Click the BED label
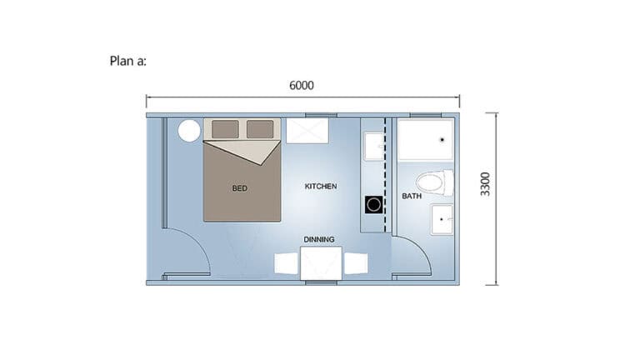click(240, 188)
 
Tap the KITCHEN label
click(321, 186)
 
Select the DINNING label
click(319, 239)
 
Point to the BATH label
click(412, 196)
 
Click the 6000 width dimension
click(302, 85)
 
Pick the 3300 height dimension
click(485, 184)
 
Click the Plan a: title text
click(127, 61)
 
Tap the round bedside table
click(189, 131)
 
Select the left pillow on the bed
click(225, 129)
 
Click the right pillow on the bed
click(260, 129)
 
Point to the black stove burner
click(374, 204)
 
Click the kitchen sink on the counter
click(374, 146)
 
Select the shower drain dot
click(442, 140)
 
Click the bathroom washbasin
click(442, 220)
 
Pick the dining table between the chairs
click(321, 263)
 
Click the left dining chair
click(286, 263)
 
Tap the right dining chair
click(356, 263)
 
